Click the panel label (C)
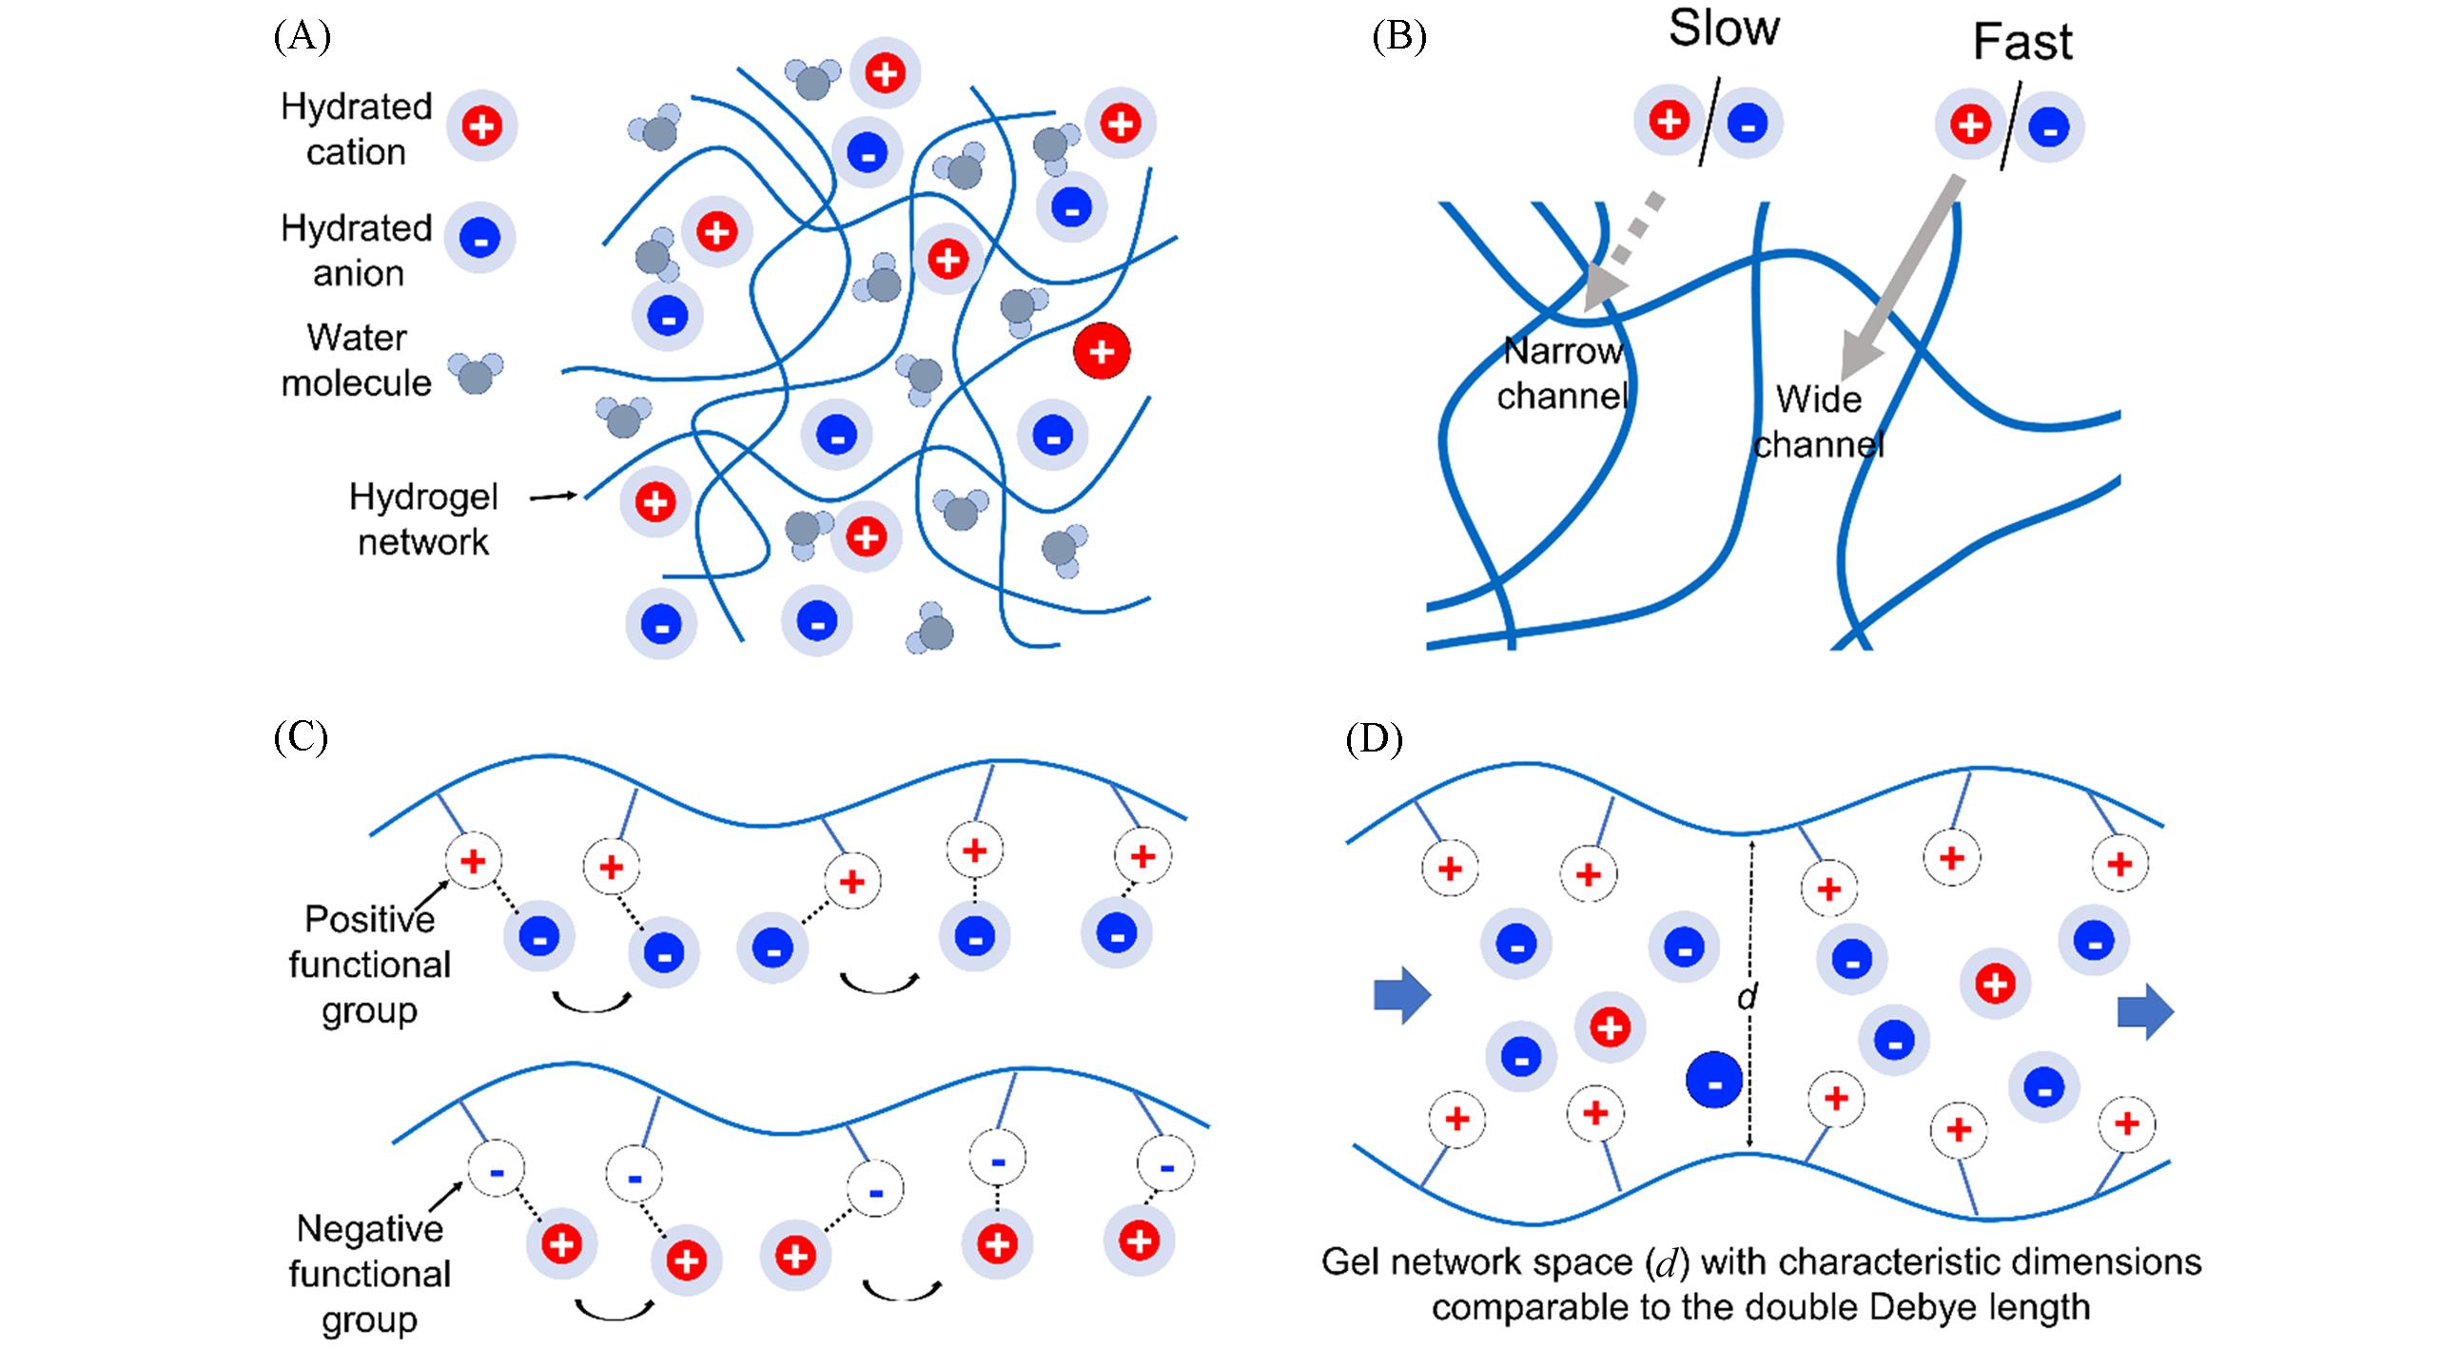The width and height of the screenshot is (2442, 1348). point(301,738)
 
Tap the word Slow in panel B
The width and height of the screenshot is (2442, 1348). point(1724,29)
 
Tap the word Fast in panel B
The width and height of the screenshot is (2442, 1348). point(2022,43)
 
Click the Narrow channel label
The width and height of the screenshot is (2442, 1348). point(1563,373)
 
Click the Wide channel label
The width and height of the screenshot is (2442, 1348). point(1819,421)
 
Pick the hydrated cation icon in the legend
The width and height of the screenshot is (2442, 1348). point(482,126)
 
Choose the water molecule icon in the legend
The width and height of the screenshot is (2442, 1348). point(476,373)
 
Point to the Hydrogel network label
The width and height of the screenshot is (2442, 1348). point(422,519)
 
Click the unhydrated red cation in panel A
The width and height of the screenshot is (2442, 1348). point(1102,351)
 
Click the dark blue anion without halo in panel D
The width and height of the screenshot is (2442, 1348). point(1713,1081)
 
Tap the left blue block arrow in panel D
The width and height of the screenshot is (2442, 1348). point(1402,996)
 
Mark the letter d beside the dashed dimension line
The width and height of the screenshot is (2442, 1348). point(1747,996)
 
